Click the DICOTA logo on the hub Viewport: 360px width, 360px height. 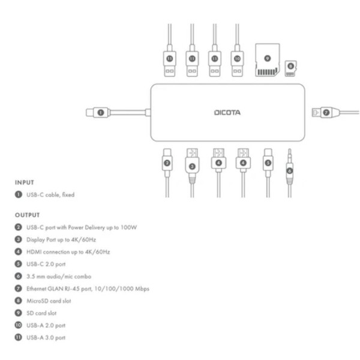227,112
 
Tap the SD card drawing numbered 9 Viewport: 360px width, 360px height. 267,60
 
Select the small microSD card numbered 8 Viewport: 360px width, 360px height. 292,66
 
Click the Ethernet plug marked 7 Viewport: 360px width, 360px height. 323,112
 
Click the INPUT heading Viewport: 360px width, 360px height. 26,182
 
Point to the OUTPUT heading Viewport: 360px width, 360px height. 28,214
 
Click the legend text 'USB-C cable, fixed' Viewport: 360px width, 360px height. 50,194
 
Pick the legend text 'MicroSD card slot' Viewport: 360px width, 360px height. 49,301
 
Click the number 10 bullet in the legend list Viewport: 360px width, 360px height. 19,325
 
